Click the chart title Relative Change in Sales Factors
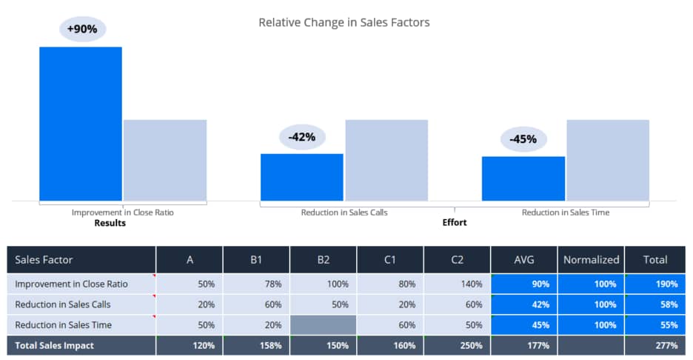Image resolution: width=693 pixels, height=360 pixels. pos(344,22)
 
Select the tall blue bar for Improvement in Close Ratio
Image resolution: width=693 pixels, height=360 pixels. pos(81,124)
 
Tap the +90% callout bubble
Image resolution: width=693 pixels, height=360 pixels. pos(82,29)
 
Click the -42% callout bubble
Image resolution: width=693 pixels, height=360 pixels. pos(302,137)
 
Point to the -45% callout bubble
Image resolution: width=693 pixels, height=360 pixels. pos(523,139)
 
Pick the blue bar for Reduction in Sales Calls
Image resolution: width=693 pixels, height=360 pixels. pos(302,177)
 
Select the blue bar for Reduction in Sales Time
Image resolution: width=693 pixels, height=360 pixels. pos(523,179)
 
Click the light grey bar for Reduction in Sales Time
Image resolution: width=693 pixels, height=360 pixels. pos(608,160)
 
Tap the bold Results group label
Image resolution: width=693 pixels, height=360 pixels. pos(110,223)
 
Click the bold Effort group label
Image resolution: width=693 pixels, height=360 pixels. pos(455,222)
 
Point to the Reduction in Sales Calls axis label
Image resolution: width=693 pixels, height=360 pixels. pos(344,213)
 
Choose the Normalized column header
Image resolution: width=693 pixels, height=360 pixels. pos(591,259)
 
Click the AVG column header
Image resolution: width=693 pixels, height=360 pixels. pos(523,259)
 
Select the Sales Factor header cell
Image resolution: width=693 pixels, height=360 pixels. pos(81,259)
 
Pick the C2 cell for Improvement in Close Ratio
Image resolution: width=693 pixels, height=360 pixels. pos(457,284)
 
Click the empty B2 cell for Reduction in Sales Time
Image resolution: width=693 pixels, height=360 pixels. pos(323,325)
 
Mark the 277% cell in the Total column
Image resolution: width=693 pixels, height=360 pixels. pos(655,345)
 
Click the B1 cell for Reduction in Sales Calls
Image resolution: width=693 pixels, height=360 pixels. pos(256,304)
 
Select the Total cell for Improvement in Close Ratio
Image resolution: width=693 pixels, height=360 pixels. pos(655,284)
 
